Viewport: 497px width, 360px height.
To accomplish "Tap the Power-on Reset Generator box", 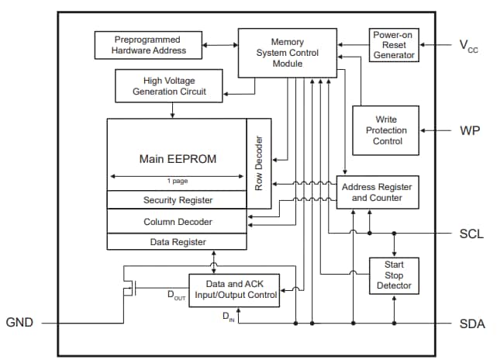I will (x=394, y=45).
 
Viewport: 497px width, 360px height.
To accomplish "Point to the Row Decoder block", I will (x=259, y=164).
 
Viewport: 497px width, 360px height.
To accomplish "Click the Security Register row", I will (x=178, y=200).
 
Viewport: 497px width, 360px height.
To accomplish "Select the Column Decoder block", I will (x=178, y=222).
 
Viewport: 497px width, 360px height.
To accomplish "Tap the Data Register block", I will (x=178, y=241).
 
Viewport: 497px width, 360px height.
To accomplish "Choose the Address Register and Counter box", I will (x=377, y=192).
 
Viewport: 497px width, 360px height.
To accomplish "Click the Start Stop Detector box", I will (x=395, y=275).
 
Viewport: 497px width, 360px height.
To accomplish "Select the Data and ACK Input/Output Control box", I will (x=233, y=290).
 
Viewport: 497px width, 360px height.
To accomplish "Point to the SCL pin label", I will (x=470, y=234).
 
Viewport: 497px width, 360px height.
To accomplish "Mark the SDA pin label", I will (x=470, y=323).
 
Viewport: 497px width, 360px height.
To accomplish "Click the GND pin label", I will (x=19, y=323).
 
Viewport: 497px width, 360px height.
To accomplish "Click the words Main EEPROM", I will (x=178, y=158).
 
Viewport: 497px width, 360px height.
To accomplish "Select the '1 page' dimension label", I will (x=177, y=182).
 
